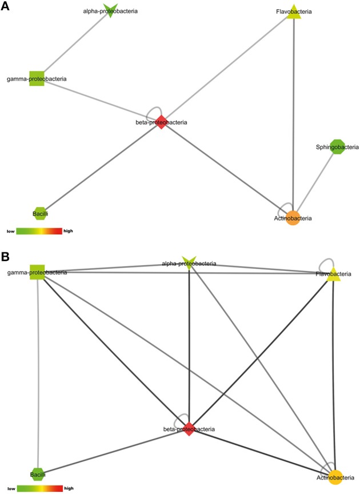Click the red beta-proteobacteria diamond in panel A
point(162,122)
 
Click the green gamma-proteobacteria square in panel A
point(37,78)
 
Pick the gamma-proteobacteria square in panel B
point(38,272)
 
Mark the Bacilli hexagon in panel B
point(37,474)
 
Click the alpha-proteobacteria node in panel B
point(189,263)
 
